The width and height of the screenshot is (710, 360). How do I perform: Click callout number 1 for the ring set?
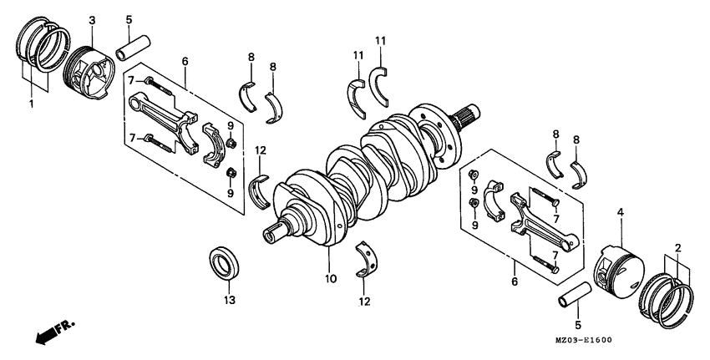coord(31,104)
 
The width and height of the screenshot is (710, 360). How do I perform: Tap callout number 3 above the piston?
coord(92,20)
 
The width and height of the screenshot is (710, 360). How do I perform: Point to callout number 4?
coord(620,213)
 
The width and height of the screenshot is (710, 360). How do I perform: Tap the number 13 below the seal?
coord(229,299)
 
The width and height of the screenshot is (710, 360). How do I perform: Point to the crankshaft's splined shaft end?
coord(465,114)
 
